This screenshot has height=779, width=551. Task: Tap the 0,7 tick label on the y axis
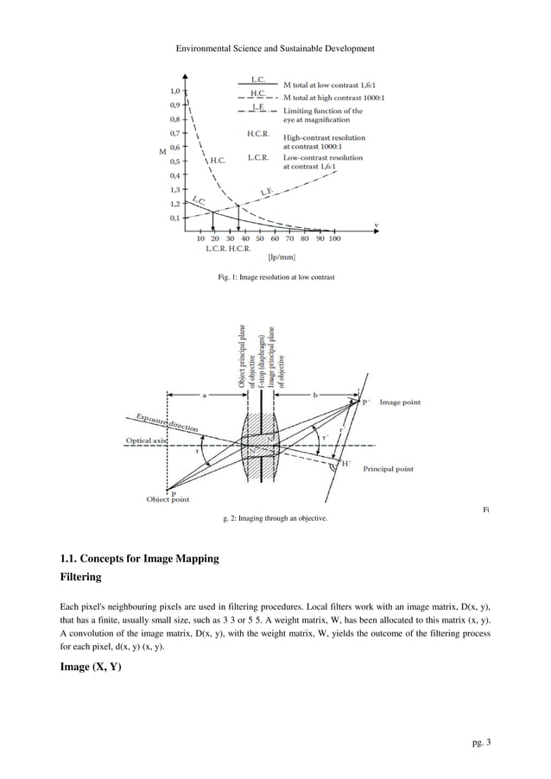click(175, 134)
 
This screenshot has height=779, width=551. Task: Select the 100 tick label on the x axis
click(334, 238)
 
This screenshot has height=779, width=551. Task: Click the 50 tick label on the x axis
click(260, 238)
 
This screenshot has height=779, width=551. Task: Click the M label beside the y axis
click(163, 153)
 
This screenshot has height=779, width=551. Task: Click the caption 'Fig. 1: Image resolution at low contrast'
click(275, 277)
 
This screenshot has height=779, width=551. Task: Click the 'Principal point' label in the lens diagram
click(388, 468)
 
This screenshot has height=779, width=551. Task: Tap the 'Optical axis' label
click(146, 440)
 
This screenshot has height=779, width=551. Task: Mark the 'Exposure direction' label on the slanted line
click(167, 422)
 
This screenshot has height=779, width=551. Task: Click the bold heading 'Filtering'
click(80, 576)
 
